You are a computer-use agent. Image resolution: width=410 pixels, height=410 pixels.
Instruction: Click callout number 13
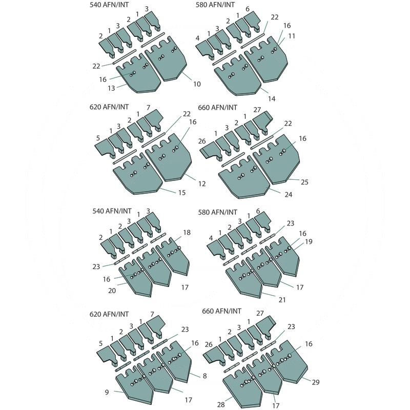tap(110, 88)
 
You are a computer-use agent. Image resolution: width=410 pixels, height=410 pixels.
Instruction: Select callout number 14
tap(272, 98)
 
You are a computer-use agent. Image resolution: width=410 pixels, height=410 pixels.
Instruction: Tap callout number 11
tap(292, 36)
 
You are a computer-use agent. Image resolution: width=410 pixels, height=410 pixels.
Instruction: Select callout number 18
tap(187, 233)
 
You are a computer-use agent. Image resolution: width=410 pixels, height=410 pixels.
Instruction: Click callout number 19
tap(309, 241)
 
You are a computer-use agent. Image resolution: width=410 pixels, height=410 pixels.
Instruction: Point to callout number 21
tap(282, 297)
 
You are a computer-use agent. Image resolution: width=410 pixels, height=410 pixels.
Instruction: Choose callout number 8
tap(204, 376)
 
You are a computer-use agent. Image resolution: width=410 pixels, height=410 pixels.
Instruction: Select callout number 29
tap(316, 382)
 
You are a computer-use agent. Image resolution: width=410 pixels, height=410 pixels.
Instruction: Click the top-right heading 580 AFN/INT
tap(216, 5)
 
